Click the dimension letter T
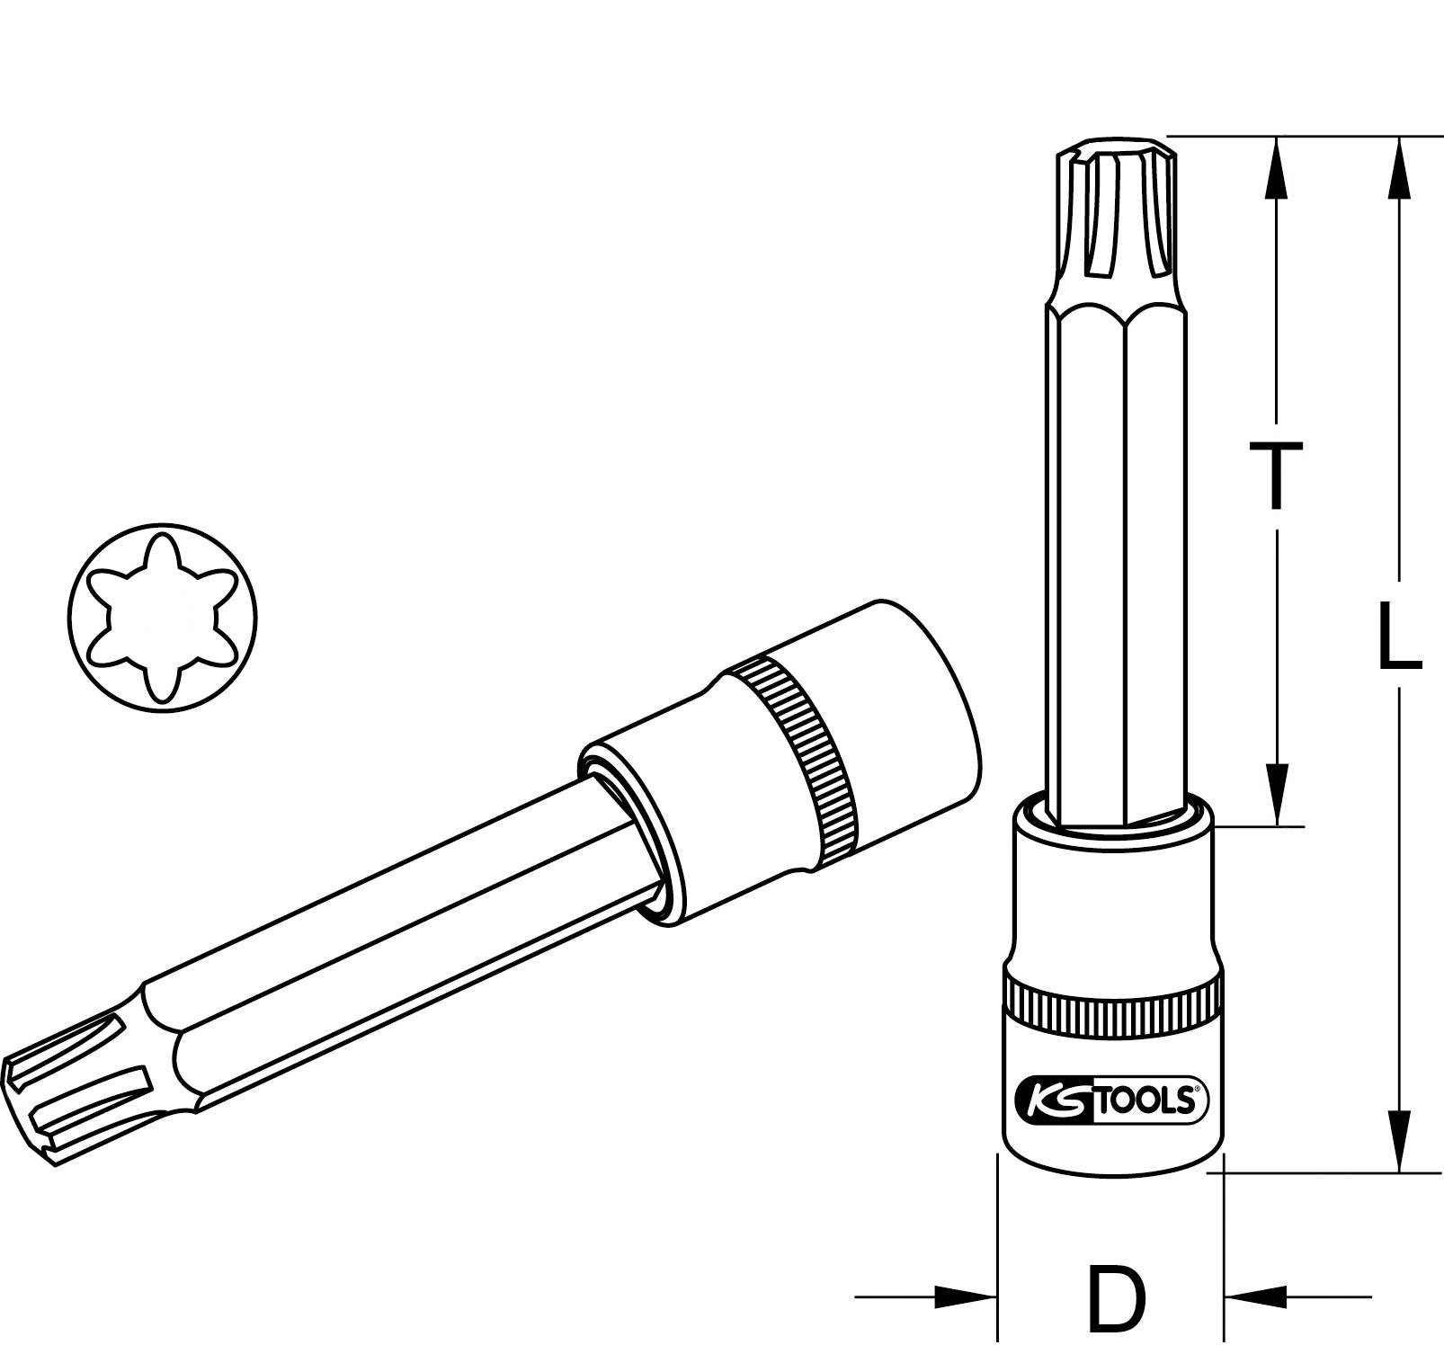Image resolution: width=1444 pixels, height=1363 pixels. pyautogui.click(x=1275, y=476)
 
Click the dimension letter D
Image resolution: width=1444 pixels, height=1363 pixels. pyautogui.click(x=1118, y=1299)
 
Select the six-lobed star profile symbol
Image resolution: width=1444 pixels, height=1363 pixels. pyautogui.click(x=162, y=618)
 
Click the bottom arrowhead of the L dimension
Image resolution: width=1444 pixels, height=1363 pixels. pyautogui.click(x=1399, y=1140)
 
